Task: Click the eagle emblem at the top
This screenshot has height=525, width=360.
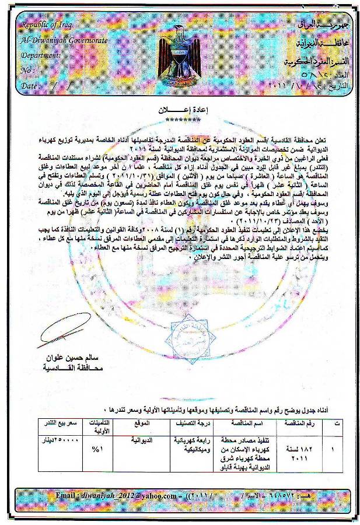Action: tap(179, 55)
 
